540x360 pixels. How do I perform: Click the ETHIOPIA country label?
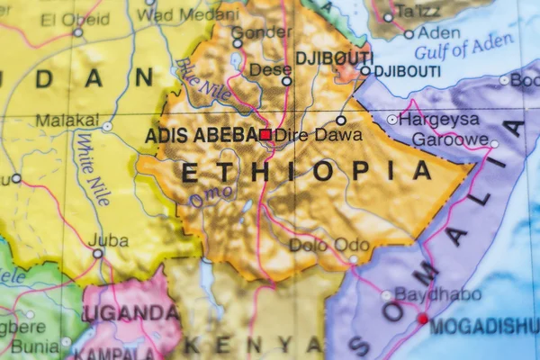(307, 171)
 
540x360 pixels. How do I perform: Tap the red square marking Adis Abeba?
(265, 134)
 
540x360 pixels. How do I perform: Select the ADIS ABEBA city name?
(201, 135)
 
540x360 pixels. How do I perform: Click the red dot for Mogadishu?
(422, 318)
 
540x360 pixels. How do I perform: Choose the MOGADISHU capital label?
(484, 326)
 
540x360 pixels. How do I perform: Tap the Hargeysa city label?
(438, 119)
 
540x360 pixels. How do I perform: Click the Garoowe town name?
(450, 139)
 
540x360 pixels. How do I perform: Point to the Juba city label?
(110, 240)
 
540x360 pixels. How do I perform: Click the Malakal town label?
(67, 120)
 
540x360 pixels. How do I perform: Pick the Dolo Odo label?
(328, 244)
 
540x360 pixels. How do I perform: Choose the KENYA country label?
(254, 344)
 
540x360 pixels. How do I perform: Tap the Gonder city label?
(261, 32)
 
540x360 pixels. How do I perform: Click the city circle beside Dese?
(286, 81)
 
